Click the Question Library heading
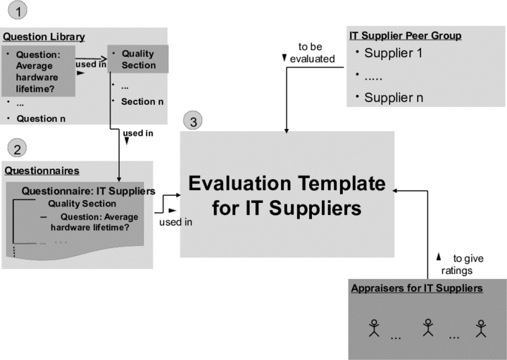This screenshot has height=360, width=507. pos(44,37)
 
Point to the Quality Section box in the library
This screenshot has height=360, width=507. pos(138,58)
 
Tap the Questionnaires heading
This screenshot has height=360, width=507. pos(42,170)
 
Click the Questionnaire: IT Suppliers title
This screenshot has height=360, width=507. pos(88,191)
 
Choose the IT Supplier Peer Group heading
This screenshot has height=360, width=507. pos(406,35)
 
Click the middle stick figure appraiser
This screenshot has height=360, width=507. pos(427,327)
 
